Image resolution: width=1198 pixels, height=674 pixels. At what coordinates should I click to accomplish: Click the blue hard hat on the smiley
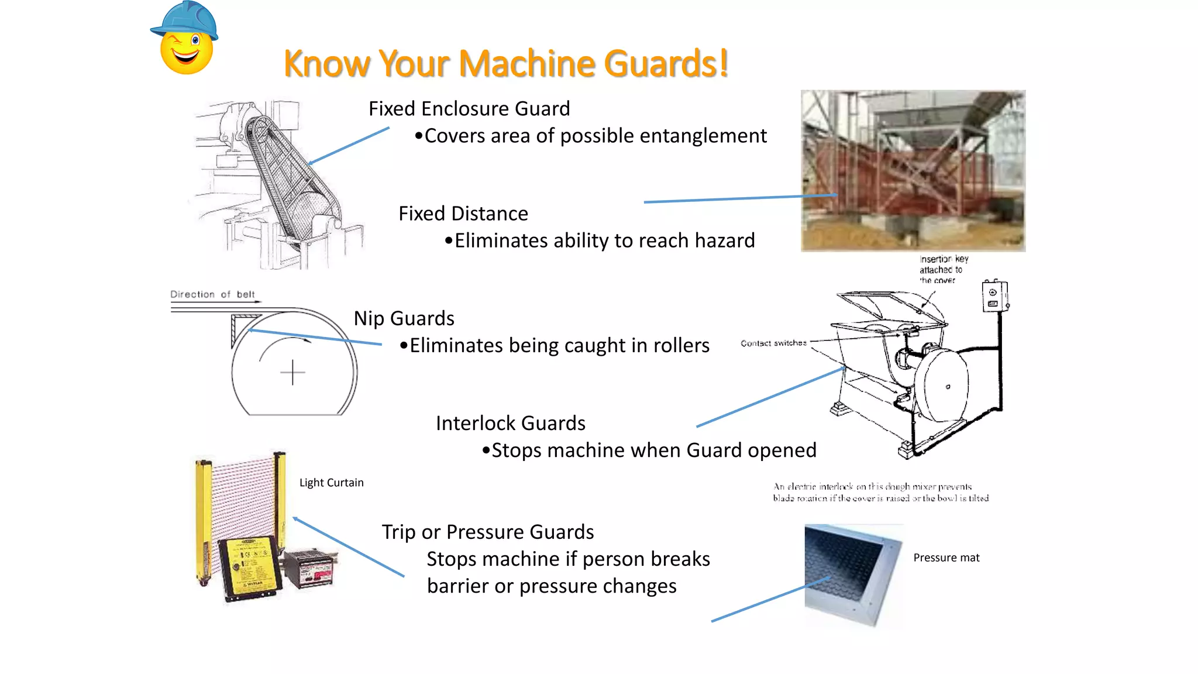pos(186,20)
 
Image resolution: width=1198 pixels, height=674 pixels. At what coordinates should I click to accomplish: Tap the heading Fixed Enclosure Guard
pos(469,109)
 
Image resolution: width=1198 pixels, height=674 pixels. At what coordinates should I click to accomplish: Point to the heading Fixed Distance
pos(463,214)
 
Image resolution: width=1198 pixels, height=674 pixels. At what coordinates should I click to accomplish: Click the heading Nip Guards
pos(404,318)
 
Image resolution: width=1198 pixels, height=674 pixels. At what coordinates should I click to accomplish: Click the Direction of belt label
pos(212,294)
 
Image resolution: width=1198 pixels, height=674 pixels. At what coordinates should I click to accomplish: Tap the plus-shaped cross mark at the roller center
pos(292,372)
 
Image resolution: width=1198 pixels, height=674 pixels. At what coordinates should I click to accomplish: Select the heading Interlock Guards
pos(510,423)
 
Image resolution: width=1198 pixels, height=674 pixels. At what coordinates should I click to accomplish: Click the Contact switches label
pos(773,343)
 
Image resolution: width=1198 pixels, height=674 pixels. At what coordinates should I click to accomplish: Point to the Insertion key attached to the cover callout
pos(943,269)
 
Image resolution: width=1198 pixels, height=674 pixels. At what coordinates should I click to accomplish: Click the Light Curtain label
pos(331,483)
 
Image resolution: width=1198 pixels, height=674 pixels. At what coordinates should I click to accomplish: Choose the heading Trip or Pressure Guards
pos(487,532)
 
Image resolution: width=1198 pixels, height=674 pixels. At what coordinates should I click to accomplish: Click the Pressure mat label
pos(946,558)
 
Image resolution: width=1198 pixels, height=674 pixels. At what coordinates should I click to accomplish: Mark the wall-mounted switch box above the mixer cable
pos(994,296)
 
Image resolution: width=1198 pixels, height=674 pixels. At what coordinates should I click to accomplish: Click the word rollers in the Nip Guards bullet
pos(681,345)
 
